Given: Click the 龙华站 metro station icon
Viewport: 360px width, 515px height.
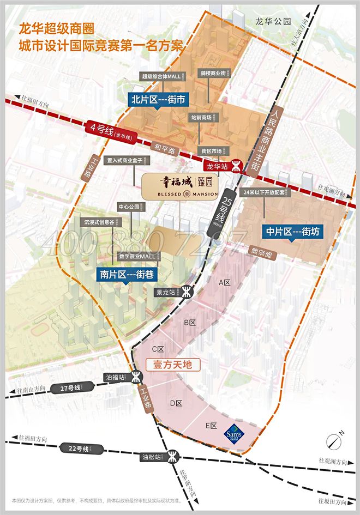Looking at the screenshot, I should click(x=237, y=164).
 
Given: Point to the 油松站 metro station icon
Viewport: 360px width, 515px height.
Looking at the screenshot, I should click(x=173, y=456).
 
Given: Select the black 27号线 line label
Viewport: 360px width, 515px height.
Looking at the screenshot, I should click(x=69, y=387).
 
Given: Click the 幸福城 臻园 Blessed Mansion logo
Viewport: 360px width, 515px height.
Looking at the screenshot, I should click(x=181, y=186).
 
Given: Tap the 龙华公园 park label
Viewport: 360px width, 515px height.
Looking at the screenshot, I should click(x=273, y=21).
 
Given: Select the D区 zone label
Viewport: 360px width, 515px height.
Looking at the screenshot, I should click(x=176, y=403).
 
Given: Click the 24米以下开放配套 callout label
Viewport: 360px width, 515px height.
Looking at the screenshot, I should click(x=268, y=192).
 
